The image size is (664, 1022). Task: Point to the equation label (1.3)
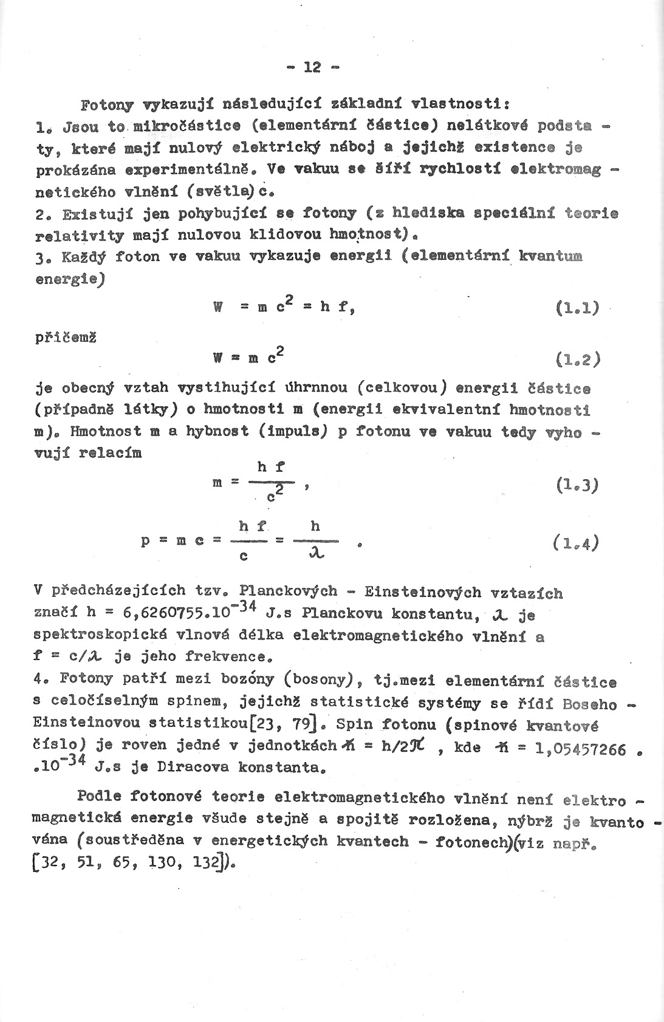click(x=577, y=485)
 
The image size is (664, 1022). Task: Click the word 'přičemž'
click(x=64, y=339)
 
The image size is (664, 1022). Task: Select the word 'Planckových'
click(x=289, y=591)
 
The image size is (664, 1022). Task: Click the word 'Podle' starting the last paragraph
click(x=100, y=796)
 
